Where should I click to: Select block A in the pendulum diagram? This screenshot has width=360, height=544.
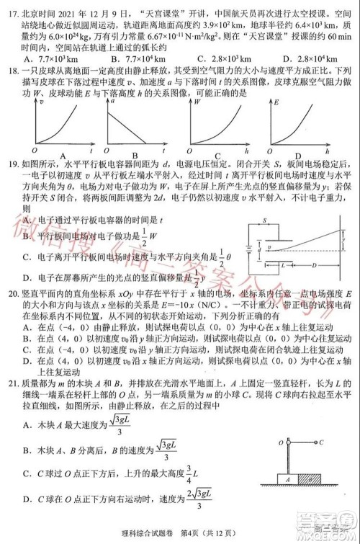(x=287, y=478)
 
